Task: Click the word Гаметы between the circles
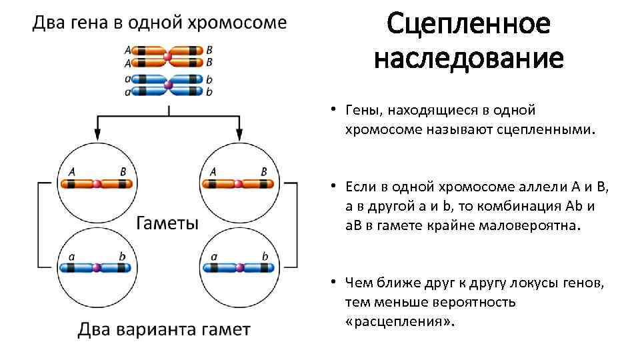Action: [167, 223]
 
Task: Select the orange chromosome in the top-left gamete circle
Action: [97, 183]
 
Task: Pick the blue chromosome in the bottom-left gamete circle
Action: [97, 267]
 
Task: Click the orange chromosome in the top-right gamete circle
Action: [238, 183]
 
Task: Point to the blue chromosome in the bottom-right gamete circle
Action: [238, 267]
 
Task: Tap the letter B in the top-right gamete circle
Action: [263, 171]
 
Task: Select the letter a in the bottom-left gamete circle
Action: [72, 256]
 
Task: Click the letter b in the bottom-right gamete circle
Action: [265, 256]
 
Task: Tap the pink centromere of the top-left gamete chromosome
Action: [97, 183]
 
